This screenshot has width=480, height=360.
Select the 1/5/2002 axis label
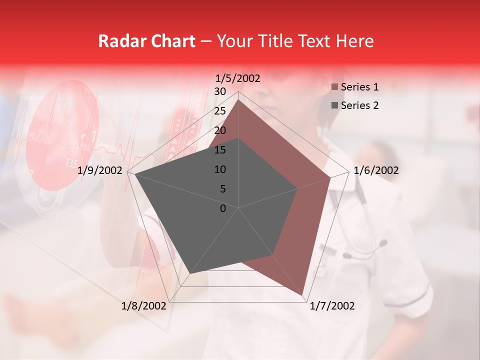(238, 78)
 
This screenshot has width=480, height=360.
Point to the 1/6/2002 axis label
(376, 170)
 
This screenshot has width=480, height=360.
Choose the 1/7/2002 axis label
(332, 306)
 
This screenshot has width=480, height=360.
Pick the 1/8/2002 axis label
(144, 306)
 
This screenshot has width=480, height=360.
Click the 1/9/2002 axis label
(100, 170)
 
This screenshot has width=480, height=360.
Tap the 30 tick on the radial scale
(220, 91)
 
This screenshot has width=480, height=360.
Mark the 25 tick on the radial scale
(220, 111)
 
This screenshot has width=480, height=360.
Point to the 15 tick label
(220, 150)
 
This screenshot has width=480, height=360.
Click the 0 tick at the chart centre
(223, 208)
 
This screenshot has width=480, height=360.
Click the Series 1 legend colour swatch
(334, 87)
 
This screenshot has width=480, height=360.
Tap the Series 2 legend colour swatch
(334, 105)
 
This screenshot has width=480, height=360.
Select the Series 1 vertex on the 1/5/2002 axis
(238, 99)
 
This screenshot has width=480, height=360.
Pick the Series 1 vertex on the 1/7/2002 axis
(302, 295)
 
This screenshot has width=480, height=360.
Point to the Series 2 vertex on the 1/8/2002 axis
(191, 273)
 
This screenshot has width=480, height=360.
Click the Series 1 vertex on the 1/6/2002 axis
(330, 177)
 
